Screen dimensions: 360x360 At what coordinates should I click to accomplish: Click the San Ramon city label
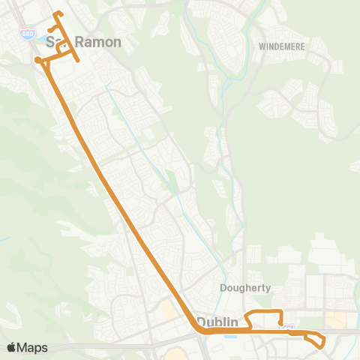83,42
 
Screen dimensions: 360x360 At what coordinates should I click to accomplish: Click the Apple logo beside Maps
10,347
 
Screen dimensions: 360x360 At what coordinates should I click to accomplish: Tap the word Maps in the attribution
32,347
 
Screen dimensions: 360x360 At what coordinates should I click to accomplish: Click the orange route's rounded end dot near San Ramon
37,60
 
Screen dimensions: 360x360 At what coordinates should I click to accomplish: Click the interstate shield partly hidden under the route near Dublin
284,326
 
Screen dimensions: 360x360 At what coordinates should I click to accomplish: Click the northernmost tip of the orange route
58,13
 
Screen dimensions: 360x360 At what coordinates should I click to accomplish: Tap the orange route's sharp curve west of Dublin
198,326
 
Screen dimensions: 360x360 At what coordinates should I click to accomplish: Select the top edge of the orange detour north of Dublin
265,311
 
